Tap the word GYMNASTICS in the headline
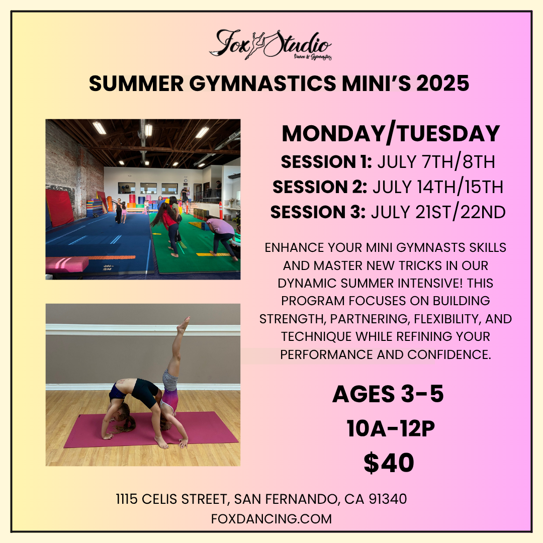[262, 83]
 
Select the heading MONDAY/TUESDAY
[391, 133]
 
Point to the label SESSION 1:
[326, 162]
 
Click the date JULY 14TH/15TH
[438, 187]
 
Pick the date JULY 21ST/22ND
[438, 212]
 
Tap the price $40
[389, 463]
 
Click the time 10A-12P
[391, 429]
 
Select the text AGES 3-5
[388, 394]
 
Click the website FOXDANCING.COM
[271, 519]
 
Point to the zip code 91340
[388, 499]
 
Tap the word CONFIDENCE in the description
[449, 354]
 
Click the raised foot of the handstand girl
[184, 324]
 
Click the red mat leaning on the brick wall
[59, 207]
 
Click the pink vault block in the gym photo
[67, 264]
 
